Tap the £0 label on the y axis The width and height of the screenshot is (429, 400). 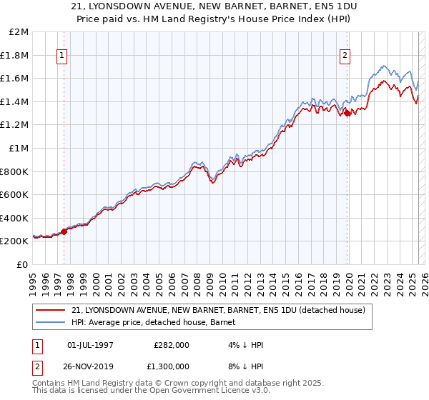tap(23, 264)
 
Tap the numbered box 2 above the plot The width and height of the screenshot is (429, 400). tap(345, 56)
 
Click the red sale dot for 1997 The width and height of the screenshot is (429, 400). tap(64, 231)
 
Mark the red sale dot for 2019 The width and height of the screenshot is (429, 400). tap(347, 112)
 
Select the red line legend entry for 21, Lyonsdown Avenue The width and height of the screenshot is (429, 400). tap(218, 309)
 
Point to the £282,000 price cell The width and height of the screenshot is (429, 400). tap(172, 345)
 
